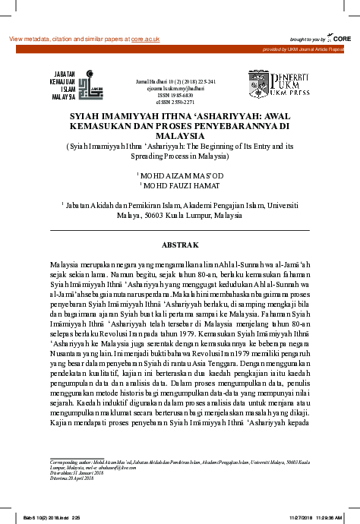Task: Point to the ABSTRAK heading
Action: click(179, 245)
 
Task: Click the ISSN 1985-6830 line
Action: click(179, 95)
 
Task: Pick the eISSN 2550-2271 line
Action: click(179, 102)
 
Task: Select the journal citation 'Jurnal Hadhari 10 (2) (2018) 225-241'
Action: click(179, 80)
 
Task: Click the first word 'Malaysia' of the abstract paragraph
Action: click(64, 260)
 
